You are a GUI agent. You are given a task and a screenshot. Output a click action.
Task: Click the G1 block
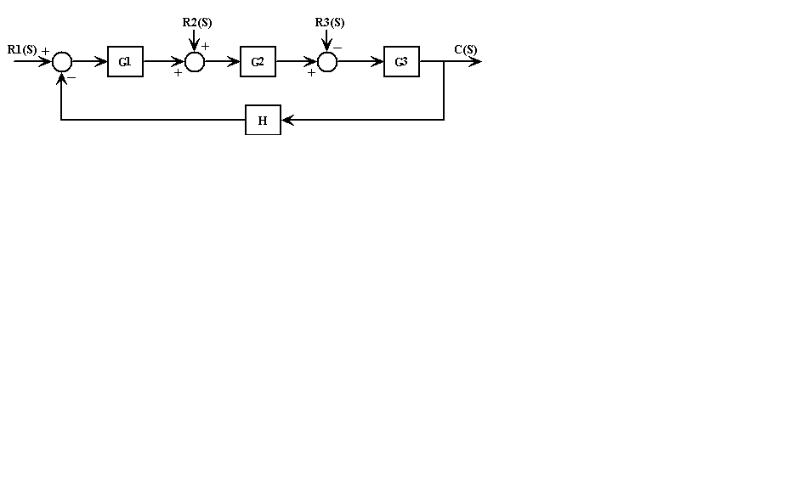[125, 62]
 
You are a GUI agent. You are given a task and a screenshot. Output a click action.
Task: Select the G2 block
[258, 62]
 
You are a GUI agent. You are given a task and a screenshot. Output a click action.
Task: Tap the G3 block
[401, 62]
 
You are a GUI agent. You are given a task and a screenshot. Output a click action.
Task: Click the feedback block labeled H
[263, 121]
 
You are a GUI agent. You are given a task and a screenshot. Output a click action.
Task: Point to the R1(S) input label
[22, 49]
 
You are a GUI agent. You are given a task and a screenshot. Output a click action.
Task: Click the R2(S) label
[196, 22]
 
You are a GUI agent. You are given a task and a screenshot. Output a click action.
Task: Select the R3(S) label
[330, 22]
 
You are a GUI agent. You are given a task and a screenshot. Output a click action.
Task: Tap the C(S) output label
[465, 49]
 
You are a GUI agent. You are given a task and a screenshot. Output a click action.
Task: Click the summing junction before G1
[62, 62]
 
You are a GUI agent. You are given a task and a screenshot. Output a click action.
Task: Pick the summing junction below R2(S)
[195, 62]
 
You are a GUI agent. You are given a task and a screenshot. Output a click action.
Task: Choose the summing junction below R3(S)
[327, 62]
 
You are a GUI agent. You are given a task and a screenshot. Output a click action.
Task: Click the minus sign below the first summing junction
[72, 78]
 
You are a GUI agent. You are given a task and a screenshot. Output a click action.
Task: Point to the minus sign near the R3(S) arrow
[338, 47]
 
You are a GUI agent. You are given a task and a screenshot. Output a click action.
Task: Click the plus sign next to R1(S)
[45, 51]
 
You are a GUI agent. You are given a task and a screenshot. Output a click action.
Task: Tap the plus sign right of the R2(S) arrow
[206, 46]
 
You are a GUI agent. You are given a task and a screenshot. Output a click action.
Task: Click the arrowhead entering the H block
[286, 121]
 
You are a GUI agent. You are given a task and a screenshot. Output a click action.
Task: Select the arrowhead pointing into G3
[378, 62]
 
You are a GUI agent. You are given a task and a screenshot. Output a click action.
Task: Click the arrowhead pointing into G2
[235, 62]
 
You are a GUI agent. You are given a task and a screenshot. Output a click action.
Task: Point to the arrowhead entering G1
[102, 62]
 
